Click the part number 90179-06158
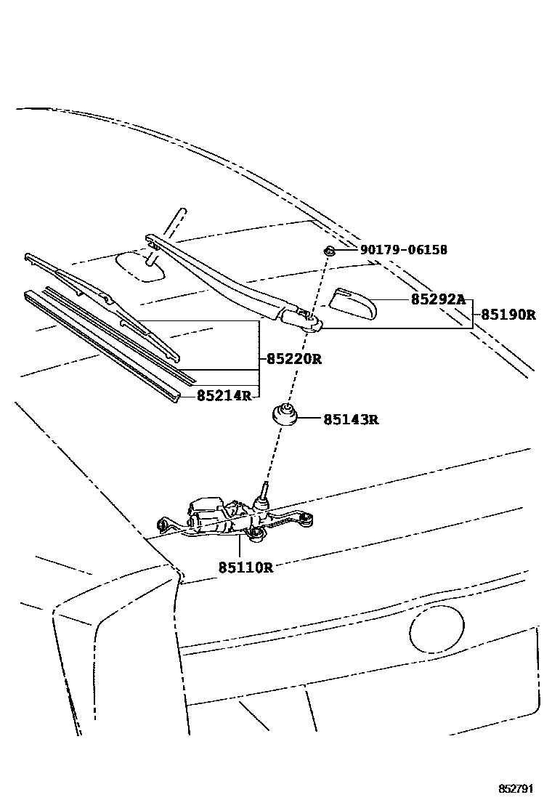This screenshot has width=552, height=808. tap(403, 250)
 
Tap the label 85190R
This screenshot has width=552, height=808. tap(508, 315)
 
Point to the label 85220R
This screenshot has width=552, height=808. tap(293, 358)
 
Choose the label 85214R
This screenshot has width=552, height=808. tap(224, 395)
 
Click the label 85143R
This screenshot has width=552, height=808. tap(352, 419)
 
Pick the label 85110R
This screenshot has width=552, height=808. tap(245, 567)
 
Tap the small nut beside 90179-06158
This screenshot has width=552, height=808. tap(329, 251)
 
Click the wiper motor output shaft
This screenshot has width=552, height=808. tap(263, 492)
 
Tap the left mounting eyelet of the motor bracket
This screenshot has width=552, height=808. tap(163, 524)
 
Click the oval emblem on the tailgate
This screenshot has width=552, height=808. tap(434, 630)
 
